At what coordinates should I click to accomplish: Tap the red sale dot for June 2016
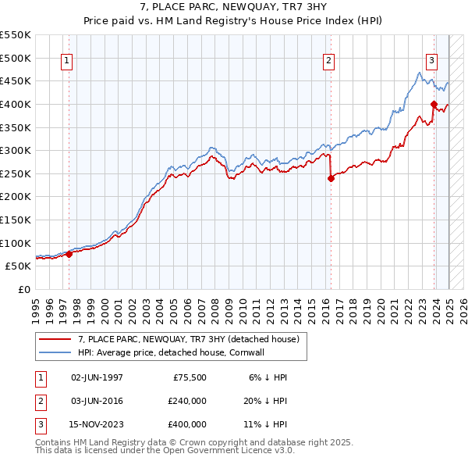tap(331, 178)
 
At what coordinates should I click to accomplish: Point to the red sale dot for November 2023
tap(433, 104)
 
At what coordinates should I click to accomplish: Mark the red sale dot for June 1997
tap(69, 254)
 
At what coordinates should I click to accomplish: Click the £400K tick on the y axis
tap(16, 104)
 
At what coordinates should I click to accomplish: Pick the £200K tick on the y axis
tap(16, 196)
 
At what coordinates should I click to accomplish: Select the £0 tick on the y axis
tap(25, 289)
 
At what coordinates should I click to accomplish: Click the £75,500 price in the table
tap(190, 377)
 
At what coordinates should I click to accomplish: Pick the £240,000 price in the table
tap(187, 401)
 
